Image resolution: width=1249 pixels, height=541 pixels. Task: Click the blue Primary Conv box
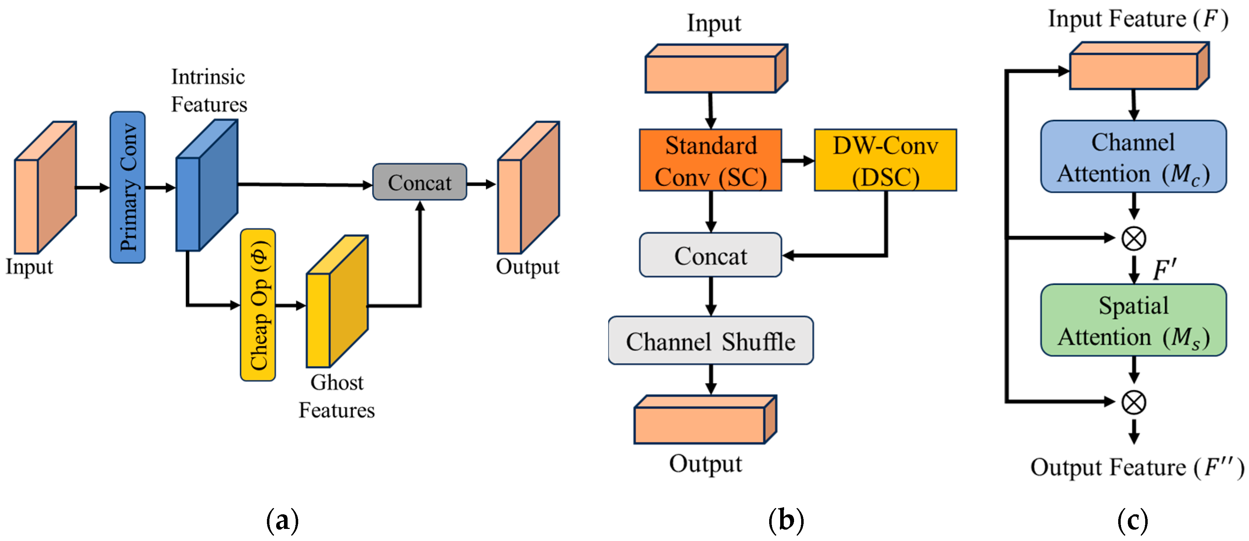click(128, 187)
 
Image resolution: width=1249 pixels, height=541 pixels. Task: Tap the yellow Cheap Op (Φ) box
click(258, 305)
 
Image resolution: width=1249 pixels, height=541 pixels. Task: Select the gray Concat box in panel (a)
click(419, 182)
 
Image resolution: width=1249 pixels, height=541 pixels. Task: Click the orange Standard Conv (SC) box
click(710, 160)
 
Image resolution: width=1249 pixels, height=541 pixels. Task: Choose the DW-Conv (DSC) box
click(885, 160)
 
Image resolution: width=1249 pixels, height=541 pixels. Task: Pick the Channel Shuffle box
click(710, 341)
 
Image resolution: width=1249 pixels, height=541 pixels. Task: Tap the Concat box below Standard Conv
click(710, 255)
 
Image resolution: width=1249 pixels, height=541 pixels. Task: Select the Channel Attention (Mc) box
click(1133, 157)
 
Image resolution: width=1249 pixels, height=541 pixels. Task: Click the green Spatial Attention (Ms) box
click(1133, 320)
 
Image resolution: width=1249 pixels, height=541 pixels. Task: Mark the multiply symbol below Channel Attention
click(1133, 238)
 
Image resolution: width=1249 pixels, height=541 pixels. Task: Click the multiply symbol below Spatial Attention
click(1133, 402)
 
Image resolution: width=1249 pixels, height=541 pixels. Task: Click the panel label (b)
click(786, 520)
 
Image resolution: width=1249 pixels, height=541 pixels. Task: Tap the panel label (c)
click(1133, 520)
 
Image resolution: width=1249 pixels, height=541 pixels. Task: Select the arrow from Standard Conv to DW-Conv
click(798, 161)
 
